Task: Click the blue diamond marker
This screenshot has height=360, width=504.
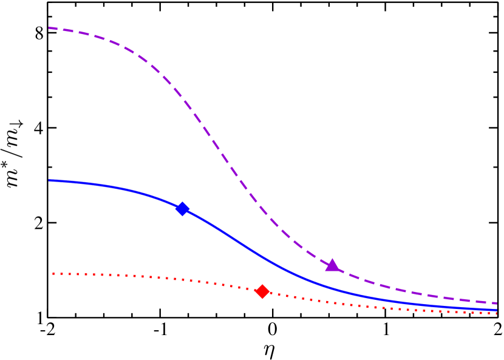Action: (182, 209)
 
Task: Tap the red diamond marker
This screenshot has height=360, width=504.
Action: (262, 291)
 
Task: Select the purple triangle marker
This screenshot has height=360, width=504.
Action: (332, 265)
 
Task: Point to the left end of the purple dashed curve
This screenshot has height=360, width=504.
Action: (49, 28)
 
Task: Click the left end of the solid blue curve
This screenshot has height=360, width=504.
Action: (49, 180)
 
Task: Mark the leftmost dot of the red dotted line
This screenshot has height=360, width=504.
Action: (53, 273)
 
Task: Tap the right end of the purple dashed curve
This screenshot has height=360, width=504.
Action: (497, 303)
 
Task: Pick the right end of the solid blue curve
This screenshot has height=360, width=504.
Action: (497, 310)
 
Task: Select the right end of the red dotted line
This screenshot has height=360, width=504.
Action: (497, 313)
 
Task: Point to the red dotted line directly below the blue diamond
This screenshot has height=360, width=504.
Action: (182, 279)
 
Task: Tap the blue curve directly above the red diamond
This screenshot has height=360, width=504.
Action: (262, 257)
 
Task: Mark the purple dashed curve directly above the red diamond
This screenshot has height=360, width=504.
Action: (262, 209)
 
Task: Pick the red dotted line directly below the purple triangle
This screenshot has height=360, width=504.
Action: (332, 302)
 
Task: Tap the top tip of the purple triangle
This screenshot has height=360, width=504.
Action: (332, 259)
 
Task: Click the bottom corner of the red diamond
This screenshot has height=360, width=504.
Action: (262, 299)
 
